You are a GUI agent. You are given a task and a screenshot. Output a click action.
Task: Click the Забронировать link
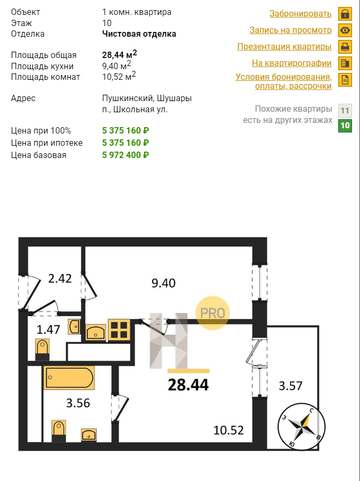300,14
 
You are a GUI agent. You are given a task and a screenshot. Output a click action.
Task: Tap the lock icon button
345,14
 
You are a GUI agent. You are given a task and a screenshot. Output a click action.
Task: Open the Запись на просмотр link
290,30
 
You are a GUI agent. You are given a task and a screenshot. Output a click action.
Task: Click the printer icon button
345,47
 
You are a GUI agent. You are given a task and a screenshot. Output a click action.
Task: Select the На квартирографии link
291,63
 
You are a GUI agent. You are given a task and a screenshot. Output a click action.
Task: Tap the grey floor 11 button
345,111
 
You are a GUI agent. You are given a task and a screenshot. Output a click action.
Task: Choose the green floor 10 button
345,126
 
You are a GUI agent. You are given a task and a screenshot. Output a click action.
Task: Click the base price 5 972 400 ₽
125,155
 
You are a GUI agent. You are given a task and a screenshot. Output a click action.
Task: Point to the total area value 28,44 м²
120,54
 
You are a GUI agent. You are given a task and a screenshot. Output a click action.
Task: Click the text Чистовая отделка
139,34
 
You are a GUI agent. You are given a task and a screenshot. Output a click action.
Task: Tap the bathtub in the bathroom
69,378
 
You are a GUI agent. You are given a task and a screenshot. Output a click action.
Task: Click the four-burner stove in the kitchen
119,330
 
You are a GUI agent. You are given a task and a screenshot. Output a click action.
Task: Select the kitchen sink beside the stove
95,332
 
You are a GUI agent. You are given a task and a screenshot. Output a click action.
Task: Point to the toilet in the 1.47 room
43,349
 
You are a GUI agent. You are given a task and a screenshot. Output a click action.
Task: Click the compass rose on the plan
302,426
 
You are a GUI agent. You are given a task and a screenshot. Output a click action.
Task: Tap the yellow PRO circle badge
213,313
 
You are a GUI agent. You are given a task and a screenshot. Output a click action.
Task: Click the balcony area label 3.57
290,386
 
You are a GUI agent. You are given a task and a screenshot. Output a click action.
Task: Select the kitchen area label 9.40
163,283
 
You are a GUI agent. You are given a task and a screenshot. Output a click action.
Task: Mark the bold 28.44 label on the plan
188,385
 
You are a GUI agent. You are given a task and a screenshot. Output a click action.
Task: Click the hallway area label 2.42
60,278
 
